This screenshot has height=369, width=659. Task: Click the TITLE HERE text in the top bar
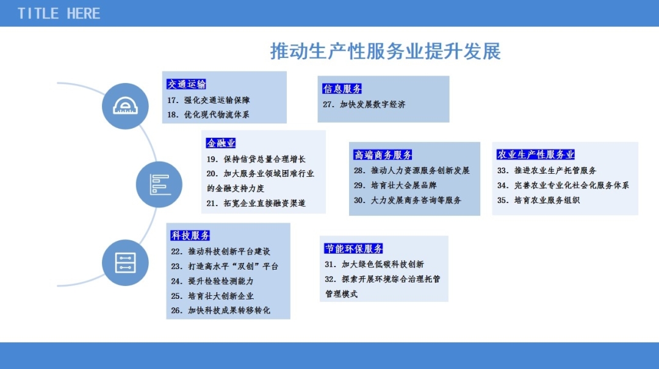point(59,13)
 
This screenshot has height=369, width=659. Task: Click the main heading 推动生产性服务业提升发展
point(385,51)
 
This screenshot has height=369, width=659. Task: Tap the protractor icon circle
point(125,106)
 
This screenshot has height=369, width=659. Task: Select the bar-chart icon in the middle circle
point(160,184)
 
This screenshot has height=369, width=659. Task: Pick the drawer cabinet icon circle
point(125,263)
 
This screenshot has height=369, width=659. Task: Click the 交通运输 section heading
point(186,84)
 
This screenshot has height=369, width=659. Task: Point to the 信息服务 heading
point(342,88)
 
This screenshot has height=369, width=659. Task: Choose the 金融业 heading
point(221,143)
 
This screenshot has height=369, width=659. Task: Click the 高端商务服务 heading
point(383,155)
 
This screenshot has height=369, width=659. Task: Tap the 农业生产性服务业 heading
point(536,154)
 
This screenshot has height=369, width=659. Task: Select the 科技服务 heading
point(190,235)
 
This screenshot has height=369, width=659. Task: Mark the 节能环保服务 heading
point(353,248)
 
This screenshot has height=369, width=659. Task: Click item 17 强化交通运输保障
point(209,100)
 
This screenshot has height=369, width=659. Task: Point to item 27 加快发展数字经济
point(364,104)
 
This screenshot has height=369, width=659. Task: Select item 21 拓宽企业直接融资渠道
point(256,203)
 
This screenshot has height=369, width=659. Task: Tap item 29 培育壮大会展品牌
point(395,185)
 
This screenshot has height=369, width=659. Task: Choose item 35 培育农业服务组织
point(538,200)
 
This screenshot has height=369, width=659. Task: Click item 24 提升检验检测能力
point(212,281)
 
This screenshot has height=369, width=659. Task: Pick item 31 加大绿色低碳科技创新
point(374,264)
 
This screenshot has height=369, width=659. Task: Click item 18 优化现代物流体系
point(209,114)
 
